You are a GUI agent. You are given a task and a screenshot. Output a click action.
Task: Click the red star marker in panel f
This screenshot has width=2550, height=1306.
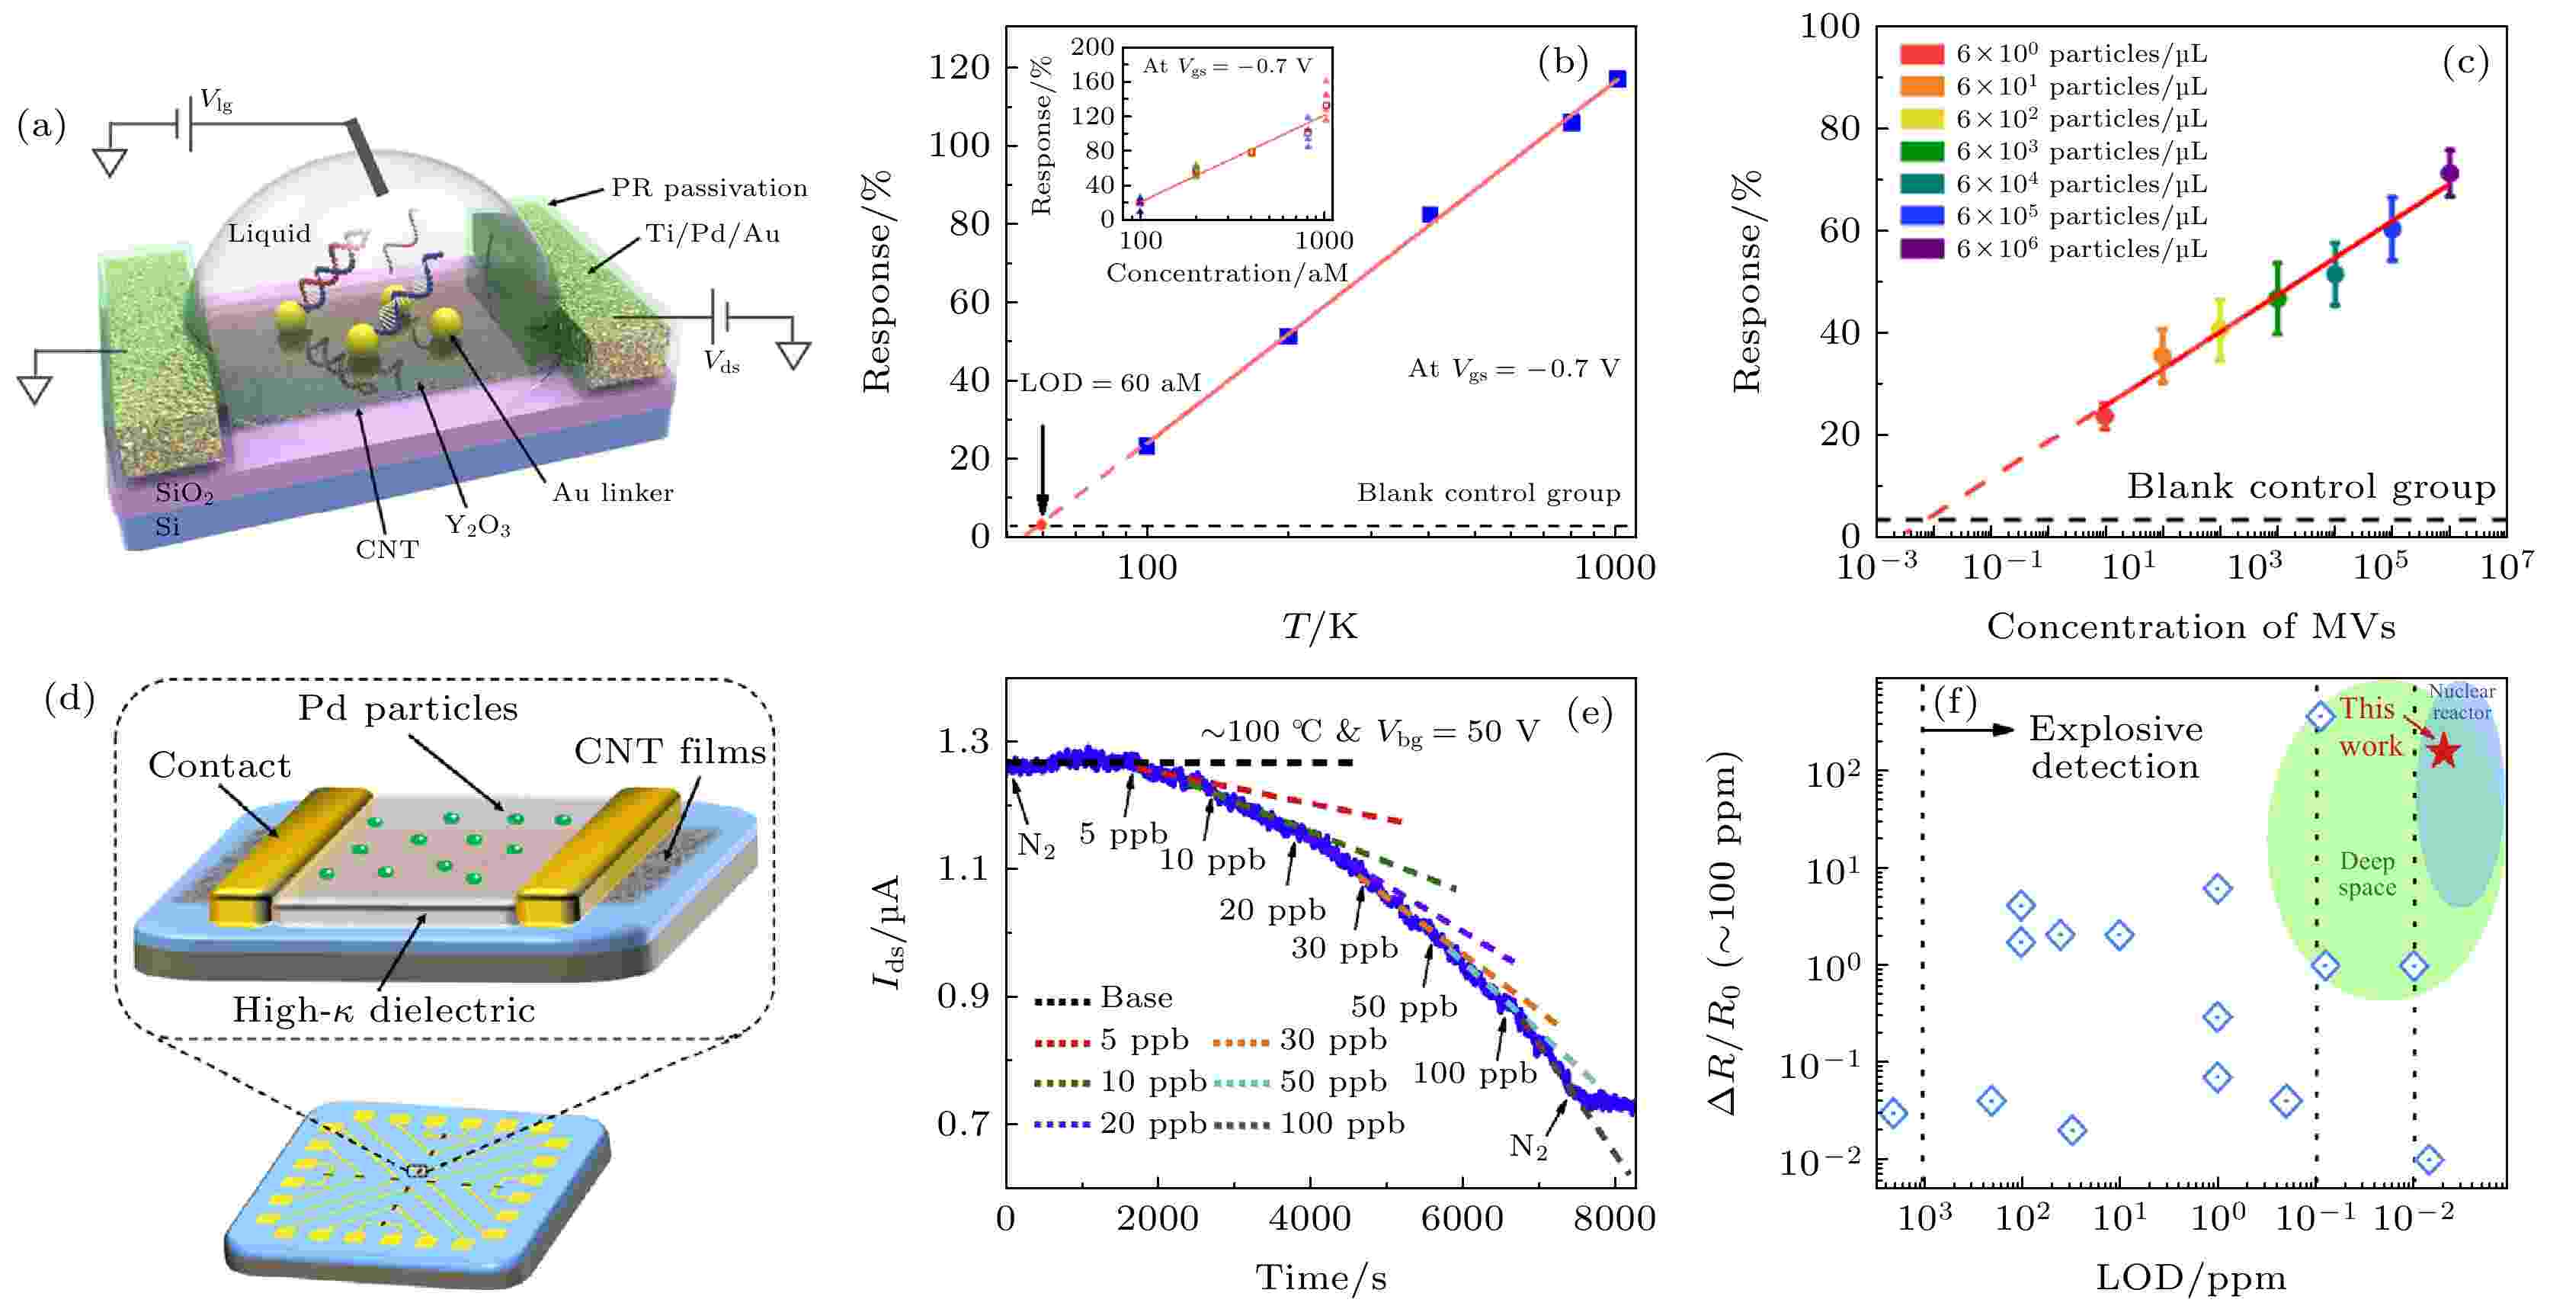coord(2443,750)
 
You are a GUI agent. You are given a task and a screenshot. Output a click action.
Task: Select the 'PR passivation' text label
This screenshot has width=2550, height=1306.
coord(709,188)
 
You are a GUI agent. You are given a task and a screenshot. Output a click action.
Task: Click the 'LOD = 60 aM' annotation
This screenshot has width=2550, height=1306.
coord(1110,383)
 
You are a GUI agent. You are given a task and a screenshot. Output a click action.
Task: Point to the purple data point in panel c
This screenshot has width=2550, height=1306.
coord(2450,173)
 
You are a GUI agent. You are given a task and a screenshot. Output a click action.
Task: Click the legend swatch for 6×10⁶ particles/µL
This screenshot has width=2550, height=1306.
coord(1921,249)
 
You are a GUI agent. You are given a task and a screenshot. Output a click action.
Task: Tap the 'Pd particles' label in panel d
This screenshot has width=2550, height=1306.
coord(408,709)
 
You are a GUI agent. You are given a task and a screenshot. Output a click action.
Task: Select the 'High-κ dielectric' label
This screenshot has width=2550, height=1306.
coord(384,1010)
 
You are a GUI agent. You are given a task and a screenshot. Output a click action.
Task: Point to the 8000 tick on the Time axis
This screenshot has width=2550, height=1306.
coord(1613,1218)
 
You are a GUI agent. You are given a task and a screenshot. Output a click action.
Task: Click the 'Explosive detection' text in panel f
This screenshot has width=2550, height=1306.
coord(2116,748)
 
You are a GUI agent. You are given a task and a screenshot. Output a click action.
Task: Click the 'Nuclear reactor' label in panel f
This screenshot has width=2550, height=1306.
coord(2461,701)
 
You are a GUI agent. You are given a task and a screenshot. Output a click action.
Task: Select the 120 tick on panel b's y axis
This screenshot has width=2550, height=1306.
coord(958,67)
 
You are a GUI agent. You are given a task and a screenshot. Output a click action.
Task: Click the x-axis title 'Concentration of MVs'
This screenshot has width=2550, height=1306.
coord(2190,627)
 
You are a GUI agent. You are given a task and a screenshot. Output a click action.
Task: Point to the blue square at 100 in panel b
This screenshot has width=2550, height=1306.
coord(1146,447)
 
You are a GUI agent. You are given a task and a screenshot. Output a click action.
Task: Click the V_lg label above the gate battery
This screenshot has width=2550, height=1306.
coord(216,99)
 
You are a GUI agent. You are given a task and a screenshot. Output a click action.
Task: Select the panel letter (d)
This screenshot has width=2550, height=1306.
coord(69,699)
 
